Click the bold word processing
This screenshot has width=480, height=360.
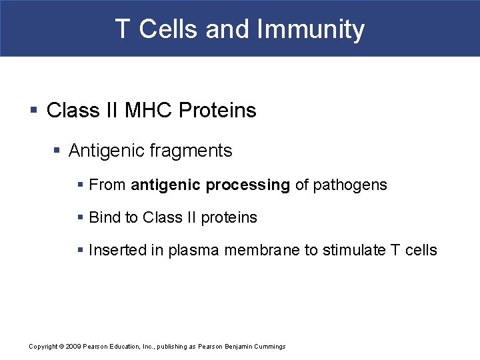pyautogui.click(x=248, y=185)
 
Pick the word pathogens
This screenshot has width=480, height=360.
pyautogui.click(x=350, y=185)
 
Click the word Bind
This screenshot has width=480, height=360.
pyautogui.click(x=104, y=217)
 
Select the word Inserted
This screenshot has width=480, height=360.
pyautogui.click(x=118, y=250)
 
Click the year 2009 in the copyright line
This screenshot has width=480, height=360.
pyautogui.click(x=74, y=347)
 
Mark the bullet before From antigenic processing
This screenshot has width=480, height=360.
pyautogui.click(x=80, y=185)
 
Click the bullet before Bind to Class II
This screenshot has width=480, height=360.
pyautogui.click(x=80, y=218)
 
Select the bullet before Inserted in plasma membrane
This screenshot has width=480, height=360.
pyautogui.click(x=80, y=251)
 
